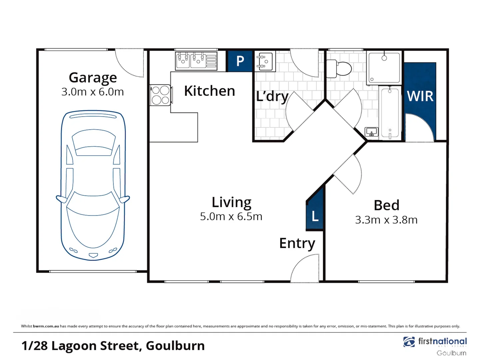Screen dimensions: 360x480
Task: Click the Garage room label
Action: coord(93,78)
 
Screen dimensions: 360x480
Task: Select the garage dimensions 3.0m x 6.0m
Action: coord(93,92)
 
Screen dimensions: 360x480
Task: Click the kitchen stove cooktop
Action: coord(161,95)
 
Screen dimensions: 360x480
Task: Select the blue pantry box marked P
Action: coord(240,61)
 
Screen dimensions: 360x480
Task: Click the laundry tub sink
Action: coord(265,61)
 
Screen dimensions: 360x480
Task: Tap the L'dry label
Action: coord(272,96)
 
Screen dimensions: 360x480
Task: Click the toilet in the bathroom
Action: coord(339,69)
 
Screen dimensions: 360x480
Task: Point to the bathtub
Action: coord(390,113)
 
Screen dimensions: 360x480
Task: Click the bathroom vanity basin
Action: coord(371,132)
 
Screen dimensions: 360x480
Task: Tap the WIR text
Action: coord(420,97)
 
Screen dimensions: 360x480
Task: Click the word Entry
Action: coord(297,244)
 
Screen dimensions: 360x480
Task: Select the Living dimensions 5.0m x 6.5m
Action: coord(231,217)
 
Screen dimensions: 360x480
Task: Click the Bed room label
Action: coord(386,205)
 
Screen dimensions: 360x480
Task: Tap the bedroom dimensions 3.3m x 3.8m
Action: coord(386,220)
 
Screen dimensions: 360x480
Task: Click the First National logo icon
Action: coord(409,342)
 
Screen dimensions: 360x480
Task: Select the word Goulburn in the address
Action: coord(175,346)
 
